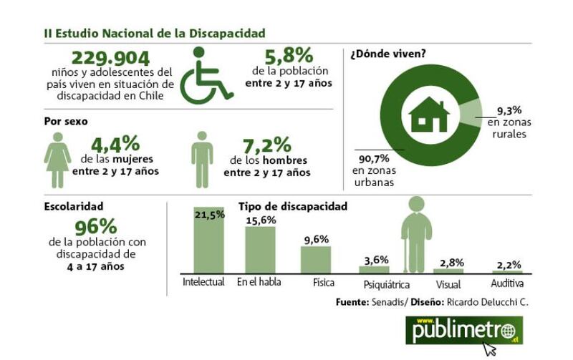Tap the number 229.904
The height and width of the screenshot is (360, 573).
[110, 58]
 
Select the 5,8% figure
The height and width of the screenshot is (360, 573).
[289, 56]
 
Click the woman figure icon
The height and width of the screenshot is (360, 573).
[57, 160]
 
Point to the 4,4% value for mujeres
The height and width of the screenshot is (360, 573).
[115, 144]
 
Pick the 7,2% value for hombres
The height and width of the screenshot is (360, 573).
[266, 145]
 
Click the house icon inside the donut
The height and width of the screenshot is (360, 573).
[429, 114]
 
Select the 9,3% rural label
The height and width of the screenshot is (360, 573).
[509, 110]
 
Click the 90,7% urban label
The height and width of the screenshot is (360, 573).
[374, 159]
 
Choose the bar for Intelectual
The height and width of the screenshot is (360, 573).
[208, 240]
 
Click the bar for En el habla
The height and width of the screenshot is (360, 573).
[260, 250]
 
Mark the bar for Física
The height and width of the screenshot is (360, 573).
[316, 260]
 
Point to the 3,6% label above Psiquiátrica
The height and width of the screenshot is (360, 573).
[377, 260]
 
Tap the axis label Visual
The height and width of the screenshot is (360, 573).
[448, 284]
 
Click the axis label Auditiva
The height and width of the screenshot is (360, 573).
[507, 283]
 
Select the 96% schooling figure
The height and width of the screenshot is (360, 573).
[96, 227]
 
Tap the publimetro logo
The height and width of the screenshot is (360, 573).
[464, 331]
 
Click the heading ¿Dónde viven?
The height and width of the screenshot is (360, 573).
[388, 54]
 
